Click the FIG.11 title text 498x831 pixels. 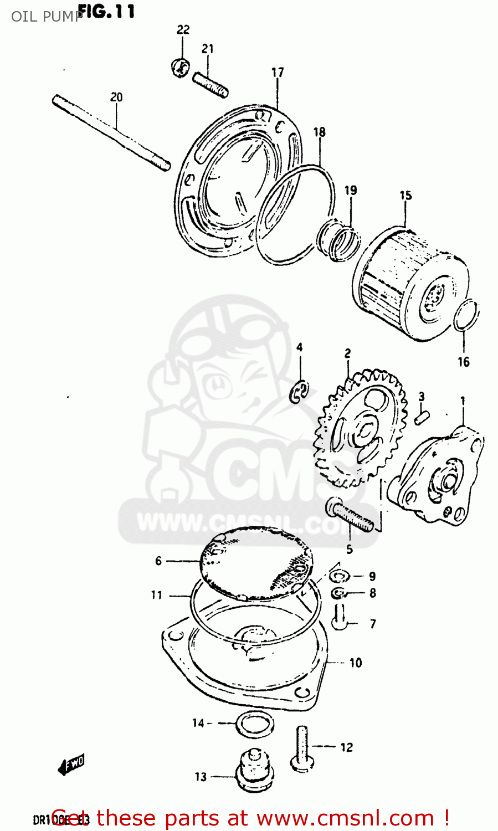click(106, 11)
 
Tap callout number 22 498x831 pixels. click(183, 29)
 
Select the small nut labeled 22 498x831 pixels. click(179, 68)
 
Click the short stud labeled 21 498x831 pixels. click(211, 85)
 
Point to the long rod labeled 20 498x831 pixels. click(111, 132)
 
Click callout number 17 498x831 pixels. click(278, 72)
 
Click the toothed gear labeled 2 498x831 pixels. click(357, 429)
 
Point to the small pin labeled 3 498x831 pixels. click(421, 416)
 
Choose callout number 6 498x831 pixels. click(158, 561)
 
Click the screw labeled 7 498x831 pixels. click(340, 616)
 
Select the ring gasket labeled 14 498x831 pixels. click(254, 724)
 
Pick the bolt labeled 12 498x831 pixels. click(302, 748)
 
